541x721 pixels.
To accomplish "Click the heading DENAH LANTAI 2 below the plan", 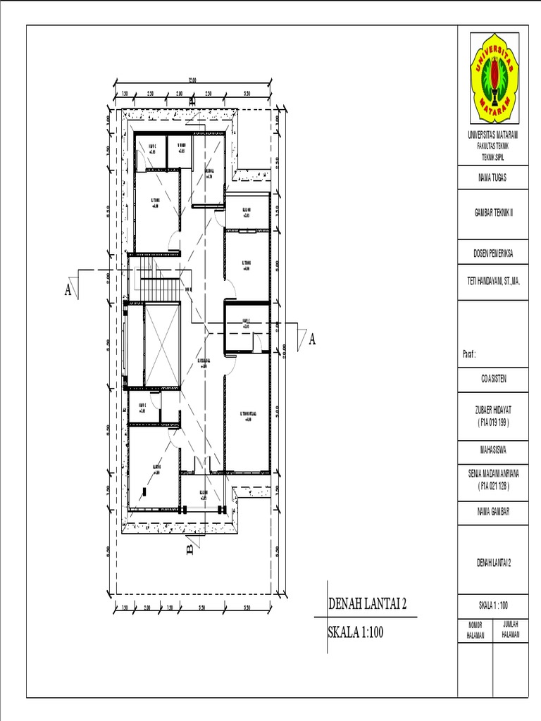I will click(x=368, y=605).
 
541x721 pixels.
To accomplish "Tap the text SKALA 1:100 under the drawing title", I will click(x=356, y=632).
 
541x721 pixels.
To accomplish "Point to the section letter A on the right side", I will click(x=311, y=340).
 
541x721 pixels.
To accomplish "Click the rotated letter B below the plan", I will click(x=189, y=548).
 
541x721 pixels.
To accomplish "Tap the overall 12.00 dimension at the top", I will click(x=191, y=80).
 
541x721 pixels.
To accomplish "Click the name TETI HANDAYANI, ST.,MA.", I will click(x=492, y=280).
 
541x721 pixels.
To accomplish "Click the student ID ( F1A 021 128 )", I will click(x=492, y=487).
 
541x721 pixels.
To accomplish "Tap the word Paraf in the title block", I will click(x=470, y=356).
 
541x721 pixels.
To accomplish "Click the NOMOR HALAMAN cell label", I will click(x=475, y=630).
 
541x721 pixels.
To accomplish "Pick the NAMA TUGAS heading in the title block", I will click(x=492, y=179).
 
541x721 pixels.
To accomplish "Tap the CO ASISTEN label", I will click(x=492, y=379).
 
